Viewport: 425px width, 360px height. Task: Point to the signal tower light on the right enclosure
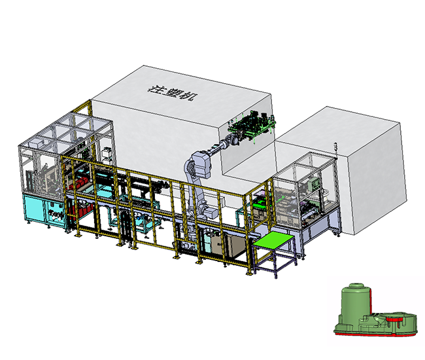coord(335,149)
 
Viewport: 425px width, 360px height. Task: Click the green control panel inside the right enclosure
coord(315,184)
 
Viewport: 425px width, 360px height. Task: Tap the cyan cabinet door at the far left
coord(35,207)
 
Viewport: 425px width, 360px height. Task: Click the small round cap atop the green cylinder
coord(356,286)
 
